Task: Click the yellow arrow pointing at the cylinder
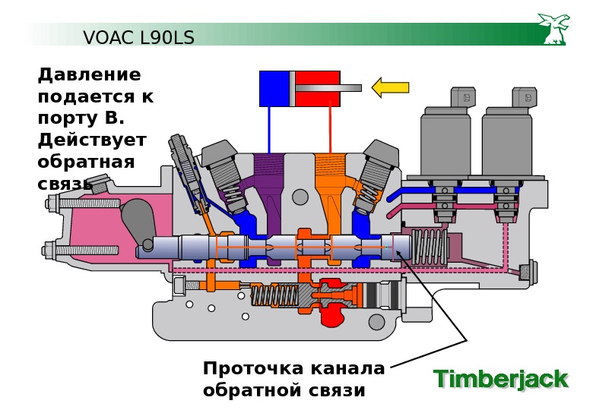click(x=390, y=87)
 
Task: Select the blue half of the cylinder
click(x=274, y=88)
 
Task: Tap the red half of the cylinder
click(x=316, y=80)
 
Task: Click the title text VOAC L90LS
click(x=138, y=37)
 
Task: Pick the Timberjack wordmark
click(x=500, y=379)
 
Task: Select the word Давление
click(x=90, y=75)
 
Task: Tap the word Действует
click(x=92, y=140)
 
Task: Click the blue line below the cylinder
click(x=269, y=129)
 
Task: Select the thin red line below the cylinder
click(x=330, y=129)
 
